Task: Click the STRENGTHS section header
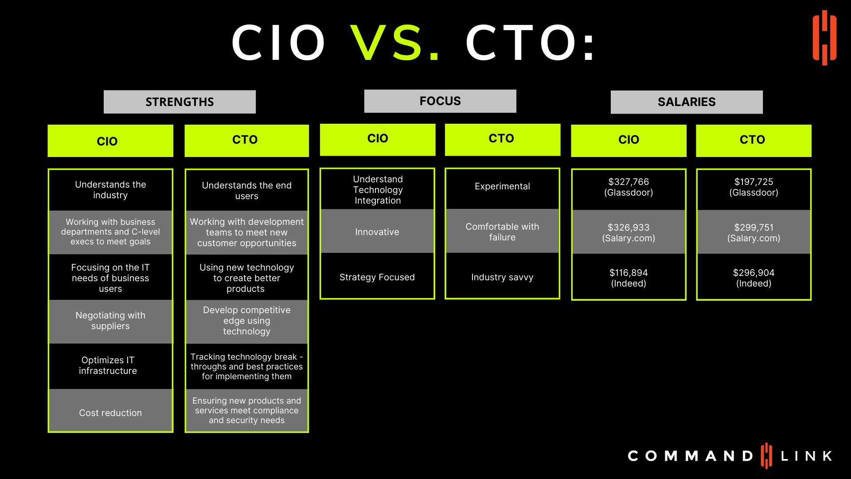[180, 102]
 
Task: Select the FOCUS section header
[440, 101]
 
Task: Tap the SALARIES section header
[687, 102]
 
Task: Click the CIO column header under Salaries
[628, 140]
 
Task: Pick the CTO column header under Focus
[503, 139]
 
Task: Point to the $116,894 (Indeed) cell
[628, 278]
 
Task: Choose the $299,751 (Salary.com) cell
[753, 232]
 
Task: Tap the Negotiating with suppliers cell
[110, 321]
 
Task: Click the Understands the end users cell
[246, 190]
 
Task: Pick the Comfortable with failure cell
[502, 231]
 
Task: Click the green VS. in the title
[395, 43]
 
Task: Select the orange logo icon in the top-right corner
[824, 38]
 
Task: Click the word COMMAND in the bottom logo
[690, 456]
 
